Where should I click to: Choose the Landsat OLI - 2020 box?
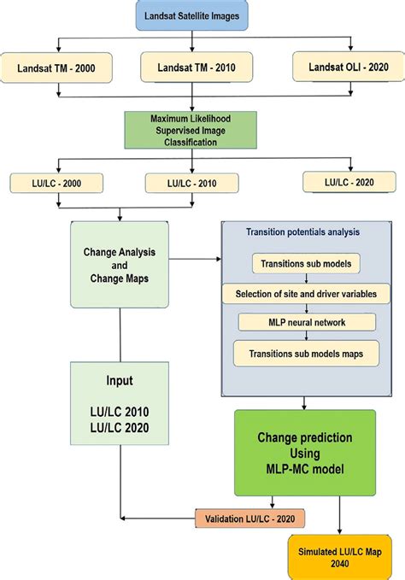[x=345, y=66]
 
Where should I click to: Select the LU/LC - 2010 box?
[x=191, y=183]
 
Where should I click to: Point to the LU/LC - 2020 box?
[x=349, y=180]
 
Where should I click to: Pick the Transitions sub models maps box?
[x=306, y=353]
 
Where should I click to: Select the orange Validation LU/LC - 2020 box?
[x=249, y=518]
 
